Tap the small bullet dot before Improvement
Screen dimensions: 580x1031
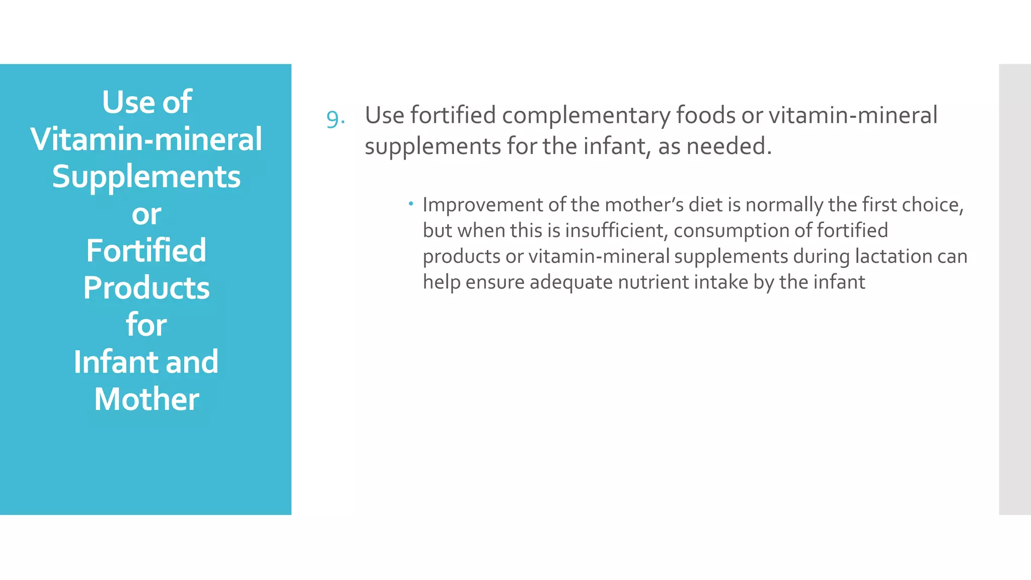click(x=411, y=203)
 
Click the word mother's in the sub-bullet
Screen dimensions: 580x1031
click(x=644, y=205)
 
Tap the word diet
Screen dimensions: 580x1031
click(x=706, y=205)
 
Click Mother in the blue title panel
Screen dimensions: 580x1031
click(x=146, y=399)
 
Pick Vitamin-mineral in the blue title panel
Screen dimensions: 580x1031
click(x=146, y=139)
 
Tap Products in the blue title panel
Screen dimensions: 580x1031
click(x=146, y=288)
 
